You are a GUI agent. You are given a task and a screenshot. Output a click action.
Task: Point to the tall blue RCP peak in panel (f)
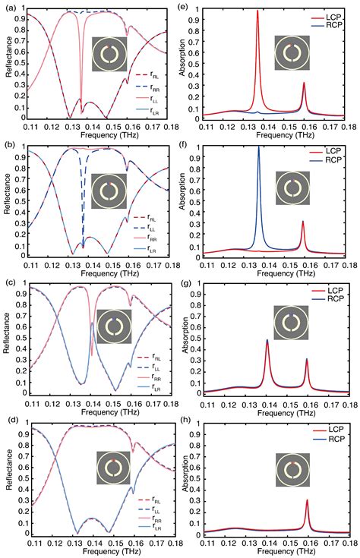(259, 149)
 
